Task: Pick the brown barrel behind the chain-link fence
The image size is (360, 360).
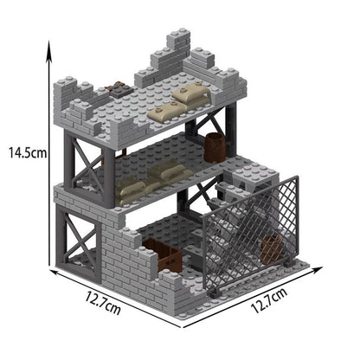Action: coord(272,248)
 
